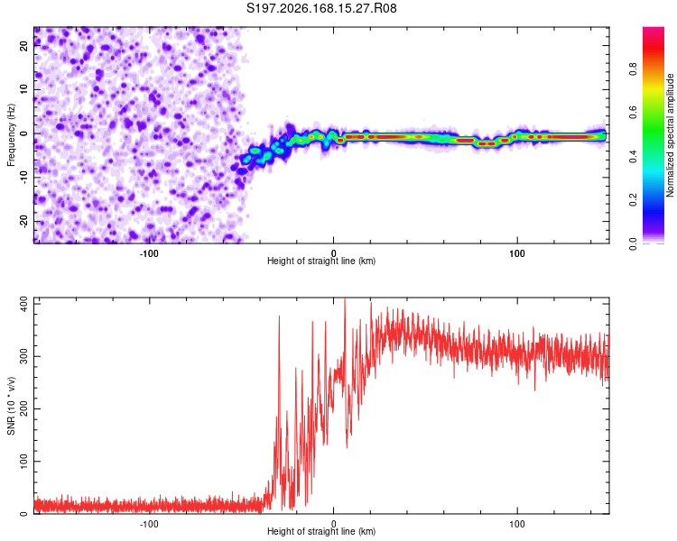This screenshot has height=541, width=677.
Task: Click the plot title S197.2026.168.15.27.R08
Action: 321,8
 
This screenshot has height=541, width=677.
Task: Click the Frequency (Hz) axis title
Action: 11,135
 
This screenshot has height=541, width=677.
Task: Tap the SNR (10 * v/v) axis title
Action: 11,406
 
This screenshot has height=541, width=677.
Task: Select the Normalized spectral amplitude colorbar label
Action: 670,135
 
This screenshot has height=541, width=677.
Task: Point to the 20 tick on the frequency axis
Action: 24,45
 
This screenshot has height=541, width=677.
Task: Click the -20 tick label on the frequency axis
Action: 24,222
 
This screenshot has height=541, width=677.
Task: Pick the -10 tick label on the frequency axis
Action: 24,178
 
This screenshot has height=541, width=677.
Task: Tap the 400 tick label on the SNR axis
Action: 24,306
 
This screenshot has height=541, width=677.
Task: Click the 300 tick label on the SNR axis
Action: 24,357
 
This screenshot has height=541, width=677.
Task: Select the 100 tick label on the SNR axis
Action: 24,462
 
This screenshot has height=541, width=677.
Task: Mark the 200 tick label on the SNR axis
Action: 24,409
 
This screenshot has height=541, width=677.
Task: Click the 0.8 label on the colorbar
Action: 633,69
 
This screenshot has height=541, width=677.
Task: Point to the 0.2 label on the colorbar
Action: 633,200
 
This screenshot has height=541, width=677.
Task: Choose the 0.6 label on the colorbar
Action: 633,112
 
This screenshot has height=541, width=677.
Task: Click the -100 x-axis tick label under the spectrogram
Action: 149,253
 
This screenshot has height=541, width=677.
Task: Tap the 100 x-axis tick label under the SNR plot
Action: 517,524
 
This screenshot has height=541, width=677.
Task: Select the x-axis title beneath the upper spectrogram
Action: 321,261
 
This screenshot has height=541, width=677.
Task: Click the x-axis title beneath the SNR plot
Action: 321,531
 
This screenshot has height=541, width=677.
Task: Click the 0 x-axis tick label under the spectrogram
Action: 333,253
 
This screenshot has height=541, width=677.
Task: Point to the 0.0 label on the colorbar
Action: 633,243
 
